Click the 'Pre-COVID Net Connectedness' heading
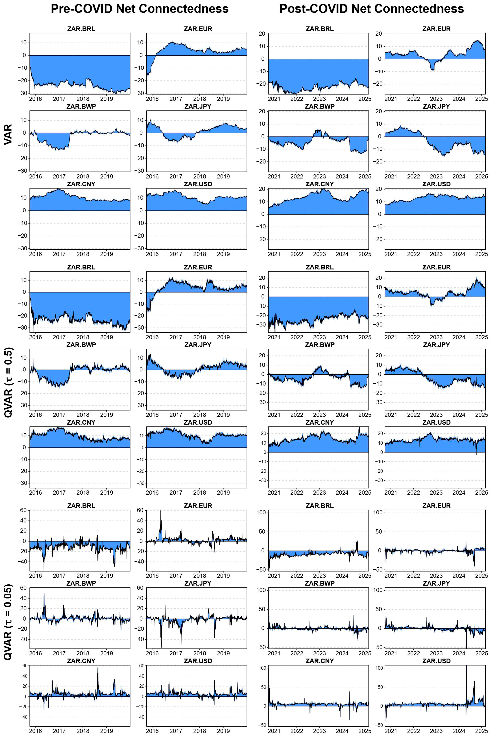point(140,9)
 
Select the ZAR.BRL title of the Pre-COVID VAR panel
point(81,29)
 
